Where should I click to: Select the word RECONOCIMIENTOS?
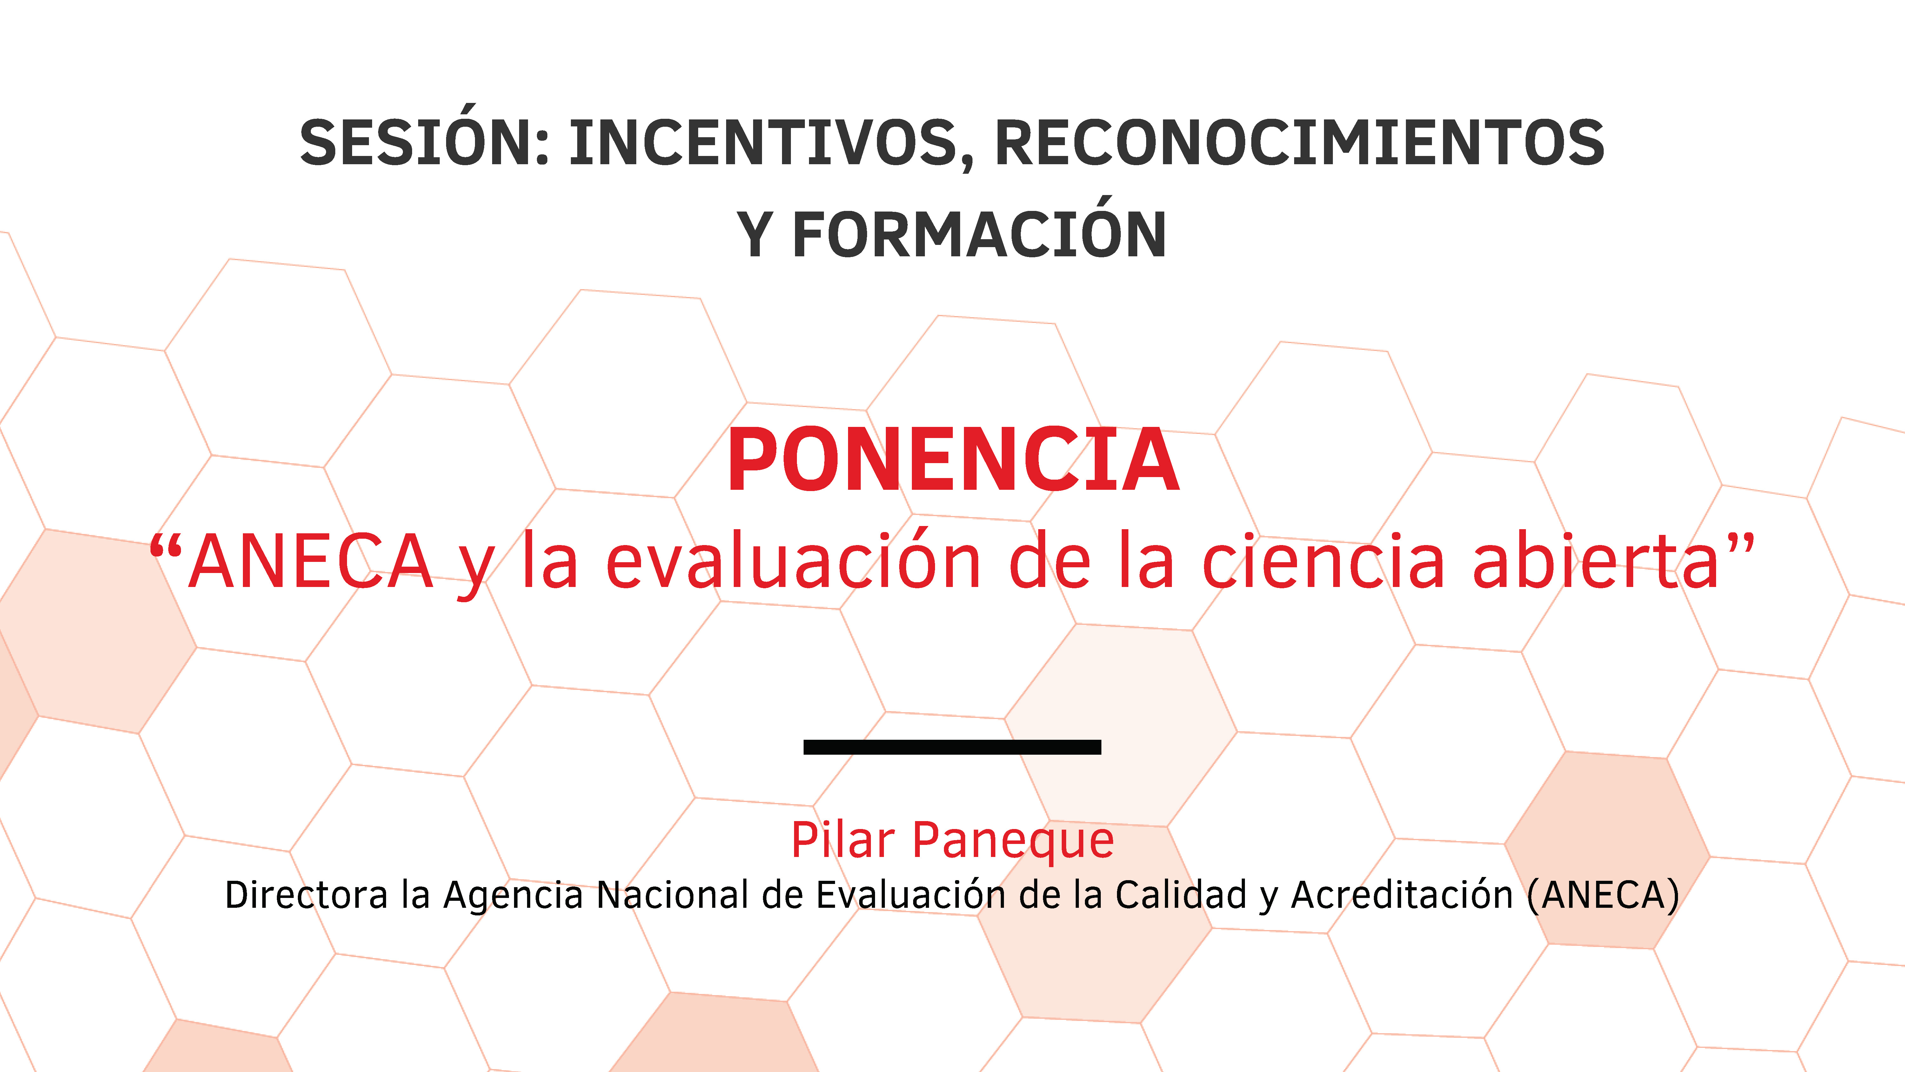tap(1299, 143)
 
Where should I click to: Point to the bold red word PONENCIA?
tap(952, 460)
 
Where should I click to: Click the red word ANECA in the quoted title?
tap(311, 562)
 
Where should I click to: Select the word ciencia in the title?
tap(1324, 562)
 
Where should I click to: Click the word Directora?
tap(306, 895)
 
